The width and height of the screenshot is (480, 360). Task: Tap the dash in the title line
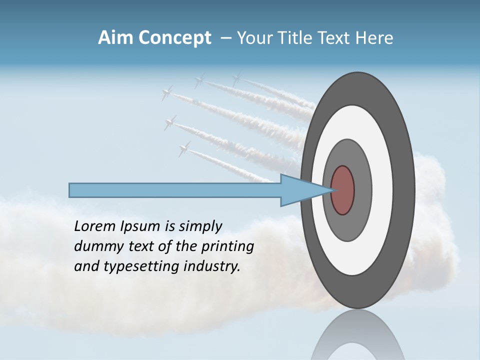(x=225, y=38)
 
